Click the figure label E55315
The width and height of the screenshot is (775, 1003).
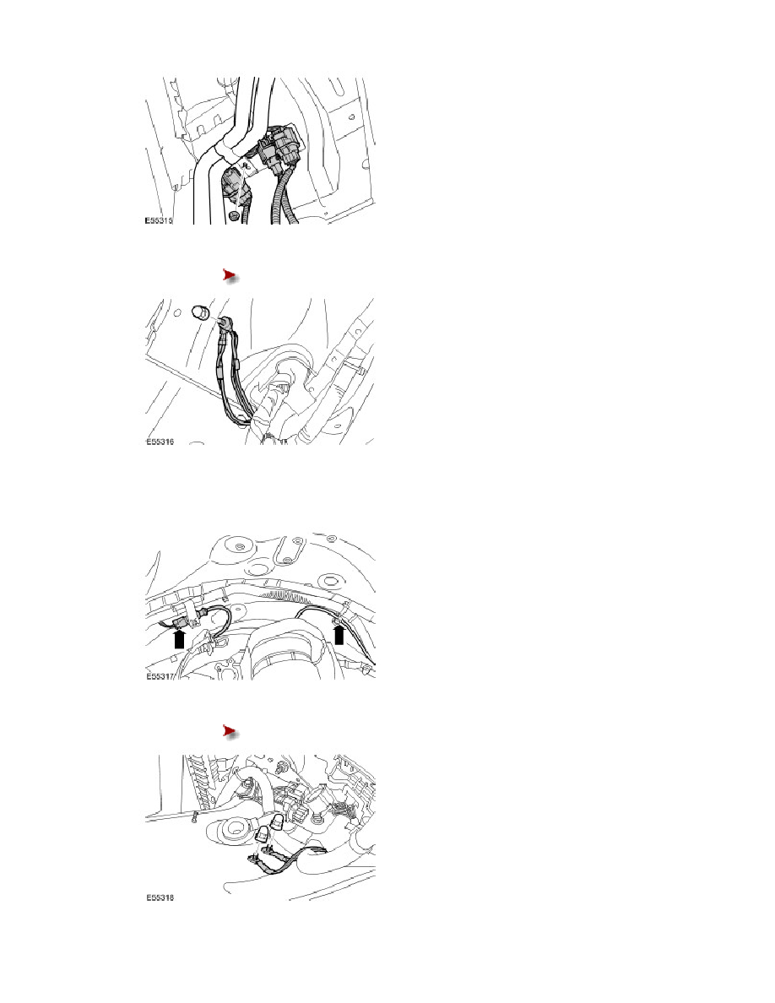159,220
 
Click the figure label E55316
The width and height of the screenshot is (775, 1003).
160,442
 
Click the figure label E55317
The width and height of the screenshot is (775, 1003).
160,676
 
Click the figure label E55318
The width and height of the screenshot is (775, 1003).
160,897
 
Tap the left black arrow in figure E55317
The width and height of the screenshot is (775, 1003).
180,639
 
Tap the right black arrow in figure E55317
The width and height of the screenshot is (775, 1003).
339,635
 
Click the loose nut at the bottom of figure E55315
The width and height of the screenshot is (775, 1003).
235,216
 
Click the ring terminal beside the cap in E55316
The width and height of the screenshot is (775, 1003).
225,323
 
